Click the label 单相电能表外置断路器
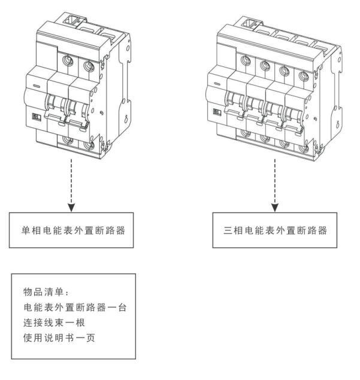click(x=71, y=230)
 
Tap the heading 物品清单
click(x=41, y=292)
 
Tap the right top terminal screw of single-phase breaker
click(x=89, y=64)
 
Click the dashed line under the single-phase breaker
click(x=72, y=180)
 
